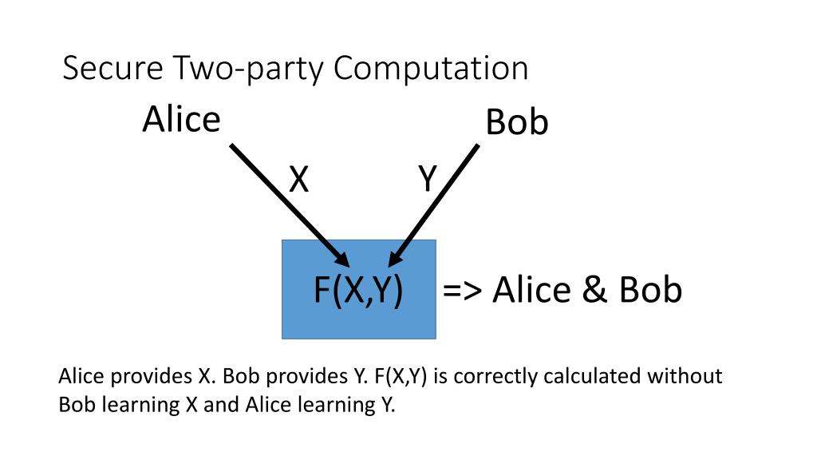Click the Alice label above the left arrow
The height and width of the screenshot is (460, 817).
(181, 119)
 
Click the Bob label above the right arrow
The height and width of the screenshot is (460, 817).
(517, 123)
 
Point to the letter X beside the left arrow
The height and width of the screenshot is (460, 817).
(298, 180)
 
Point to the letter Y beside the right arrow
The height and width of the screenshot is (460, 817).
(428, 180)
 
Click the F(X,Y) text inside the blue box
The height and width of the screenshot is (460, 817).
(357, 290)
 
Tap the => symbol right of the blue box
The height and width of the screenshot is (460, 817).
(463, 290)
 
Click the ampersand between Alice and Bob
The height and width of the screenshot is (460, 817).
(594, 290)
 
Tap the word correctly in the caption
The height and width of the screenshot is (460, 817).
(495, 376)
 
